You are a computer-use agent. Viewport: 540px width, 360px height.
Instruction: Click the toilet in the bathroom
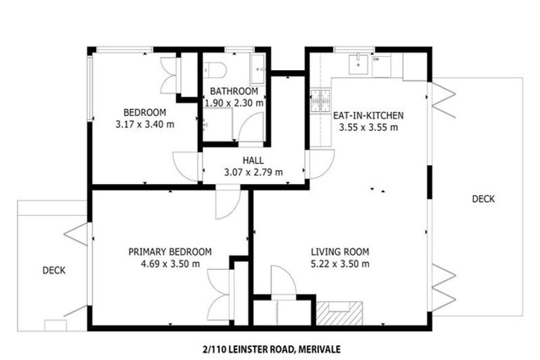click(215, 70)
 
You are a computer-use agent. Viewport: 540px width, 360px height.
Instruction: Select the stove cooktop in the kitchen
click(323, 102)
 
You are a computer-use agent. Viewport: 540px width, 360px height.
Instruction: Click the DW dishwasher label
click(376, 60)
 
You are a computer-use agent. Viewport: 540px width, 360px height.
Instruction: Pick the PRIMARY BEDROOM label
click(169, 252)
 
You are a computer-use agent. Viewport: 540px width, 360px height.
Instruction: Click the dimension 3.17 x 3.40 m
click(145, 124)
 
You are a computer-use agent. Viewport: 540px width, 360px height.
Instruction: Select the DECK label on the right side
click(483, 199)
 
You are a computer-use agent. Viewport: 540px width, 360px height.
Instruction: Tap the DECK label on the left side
click(54, 269)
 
